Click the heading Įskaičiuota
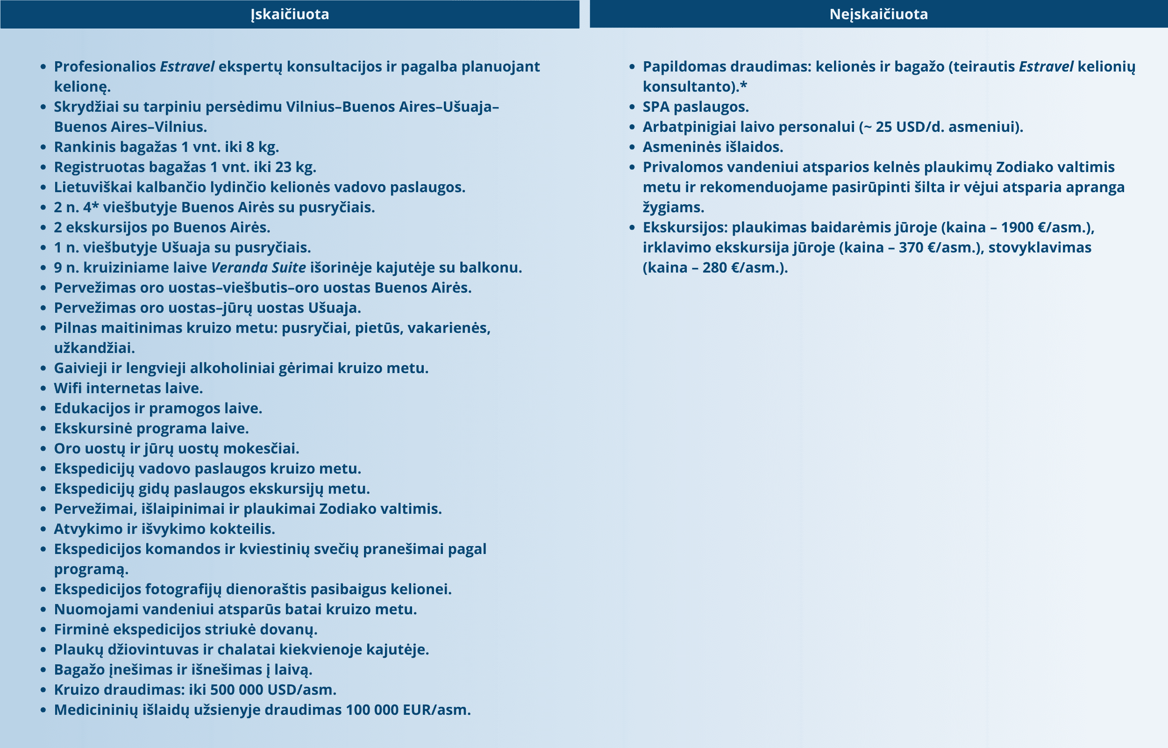click(x=290, y=14)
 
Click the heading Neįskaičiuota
click(x=878, y=14)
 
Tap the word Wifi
click(x=67, y=388)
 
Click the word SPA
click(x=655, y=107)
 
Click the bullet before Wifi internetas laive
click(x=43, y=388)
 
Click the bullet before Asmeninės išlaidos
click(x=632, y=147)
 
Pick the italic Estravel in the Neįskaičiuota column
click(x=1046, y=66)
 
